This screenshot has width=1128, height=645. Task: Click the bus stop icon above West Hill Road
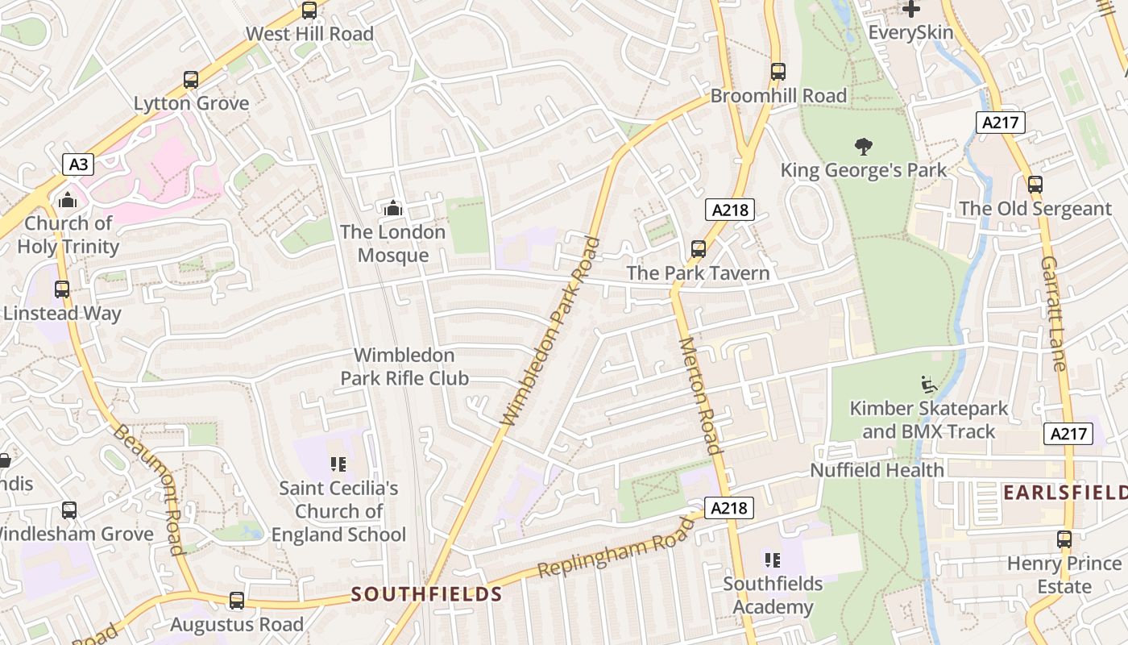[309, 10]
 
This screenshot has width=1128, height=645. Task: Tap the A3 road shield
[78, 164]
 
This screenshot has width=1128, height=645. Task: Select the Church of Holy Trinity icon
[68, 200]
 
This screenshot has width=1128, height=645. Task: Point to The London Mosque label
[392, 243]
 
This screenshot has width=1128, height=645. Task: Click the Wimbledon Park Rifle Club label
[404, 367]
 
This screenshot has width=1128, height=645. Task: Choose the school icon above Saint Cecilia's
[338, 464]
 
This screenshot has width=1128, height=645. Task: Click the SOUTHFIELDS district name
[427, 595]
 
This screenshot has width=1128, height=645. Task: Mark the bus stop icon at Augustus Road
[236, 601]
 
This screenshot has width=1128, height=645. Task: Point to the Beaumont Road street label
[147, 489]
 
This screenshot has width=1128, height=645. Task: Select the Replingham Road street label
[616, 548]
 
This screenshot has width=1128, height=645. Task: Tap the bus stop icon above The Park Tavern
[699, 249]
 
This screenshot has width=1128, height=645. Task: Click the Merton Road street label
[699, 395]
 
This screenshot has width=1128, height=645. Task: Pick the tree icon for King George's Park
[864, 147]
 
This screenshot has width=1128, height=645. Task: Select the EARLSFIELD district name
[1064, 492]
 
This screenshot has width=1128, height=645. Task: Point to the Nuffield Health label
[877, 469]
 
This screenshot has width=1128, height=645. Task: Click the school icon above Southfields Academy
[773, 560]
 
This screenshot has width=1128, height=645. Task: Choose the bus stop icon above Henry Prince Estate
[1064, 539]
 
